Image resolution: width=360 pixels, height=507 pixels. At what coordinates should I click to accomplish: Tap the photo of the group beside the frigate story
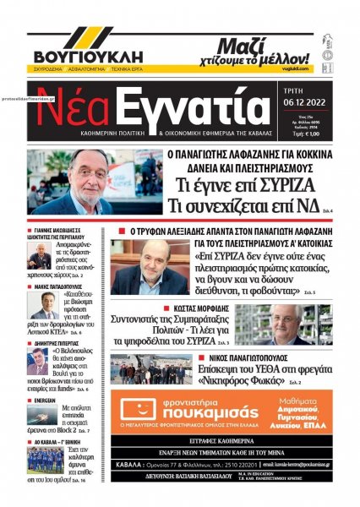point(150,368)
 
